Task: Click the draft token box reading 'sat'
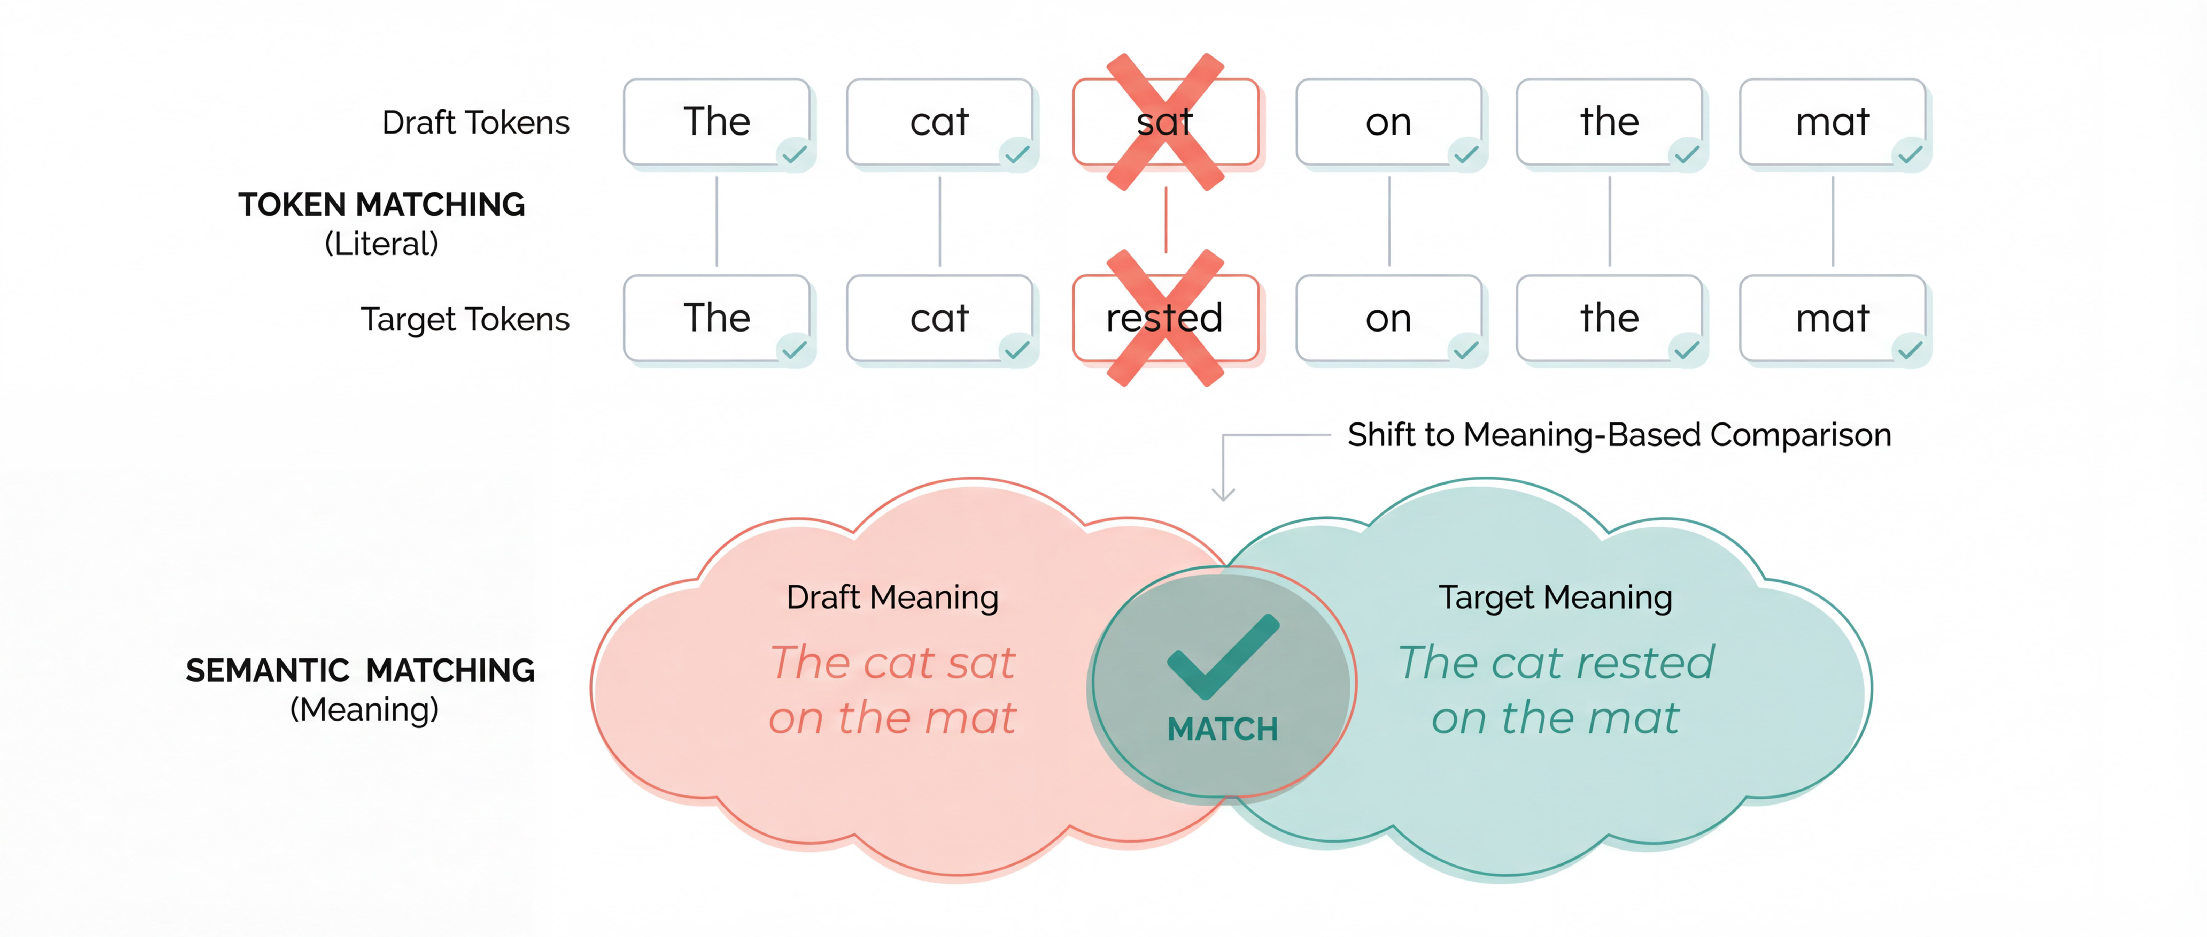(1165, 122)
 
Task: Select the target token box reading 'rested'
(1165, 318)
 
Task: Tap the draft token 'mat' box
(1832, 122)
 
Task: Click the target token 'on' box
(1388, 318)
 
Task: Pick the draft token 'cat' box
(939, 122)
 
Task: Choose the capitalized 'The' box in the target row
(716, 318)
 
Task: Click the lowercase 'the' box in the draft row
(1609, 122)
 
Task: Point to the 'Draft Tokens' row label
(475, 123)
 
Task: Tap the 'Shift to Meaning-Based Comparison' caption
(1618, 435)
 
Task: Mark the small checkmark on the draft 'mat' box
(1910, 154)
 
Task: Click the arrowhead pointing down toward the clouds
(1223, 494)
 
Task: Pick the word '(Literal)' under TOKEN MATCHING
(381, 244)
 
